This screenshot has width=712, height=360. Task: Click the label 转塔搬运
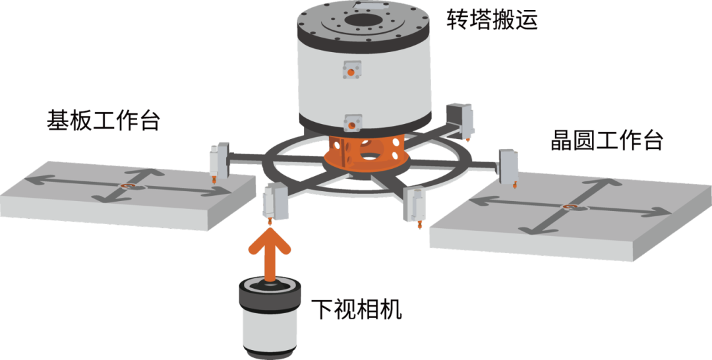(x=492, y=20)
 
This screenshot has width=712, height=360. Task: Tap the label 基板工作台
(x=104, y=121)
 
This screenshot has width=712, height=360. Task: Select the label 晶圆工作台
(x=607, y=140)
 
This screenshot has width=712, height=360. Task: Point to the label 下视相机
(x=357, y=309)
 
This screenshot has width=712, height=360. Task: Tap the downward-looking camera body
(x=270, y=320)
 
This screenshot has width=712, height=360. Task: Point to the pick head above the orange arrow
(x=274, y=203)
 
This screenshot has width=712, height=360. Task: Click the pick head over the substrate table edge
(x=219, y=162)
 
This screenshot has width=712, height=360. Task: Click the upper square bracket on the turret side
(x=351, y=71)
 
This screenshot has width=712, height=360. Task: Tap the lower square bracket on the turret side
(x=353, y=123)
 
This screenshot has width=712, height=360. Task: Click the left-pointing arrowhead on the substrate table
(x=34, y=181)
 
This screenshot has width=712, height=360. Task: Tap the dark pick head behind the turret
(x=461, y=120)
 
